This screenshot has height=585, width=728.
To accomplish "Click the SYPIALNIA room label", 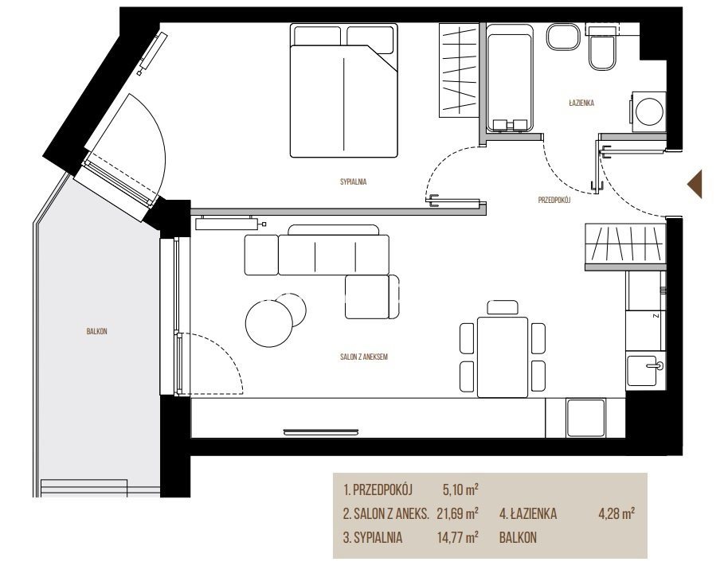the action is pos(354,181).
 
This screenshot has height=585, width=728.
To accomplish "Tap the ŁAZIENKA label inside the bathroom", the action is pos(581,103).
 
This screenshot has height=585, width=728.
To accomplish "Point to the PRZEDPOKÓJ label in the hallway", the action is pos(554,201).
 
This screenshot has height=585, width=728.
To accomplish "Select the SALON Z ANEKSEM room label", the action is pos(363,357).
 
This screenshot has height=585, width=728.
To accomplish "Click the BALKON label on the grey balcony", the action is pos(97,331).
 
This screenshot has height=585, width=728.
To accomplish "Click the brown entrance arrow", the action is pos(695,184).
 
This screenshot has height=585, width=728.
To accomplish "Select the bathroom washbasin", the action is pos(563,37).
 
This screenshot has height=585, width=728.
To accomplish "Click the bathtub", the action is pos(509,77).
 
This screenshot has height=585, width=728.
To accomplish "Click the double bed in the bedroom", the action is pos(344,91).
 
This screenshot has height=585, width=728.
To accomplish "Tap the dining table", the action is pos(503,357).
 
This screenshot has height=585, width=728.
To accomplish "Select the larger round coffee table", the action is pos(269,323).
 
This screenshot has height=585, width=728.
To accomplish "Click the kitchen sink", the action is pos(645,370).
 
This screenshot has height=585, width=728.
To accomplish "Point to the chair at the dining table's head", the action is pos(503,307).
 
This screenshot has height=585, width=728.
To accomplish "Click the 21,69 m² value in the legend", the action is pos(458,513).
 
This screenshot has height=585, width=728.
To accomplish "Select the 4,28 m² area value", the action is pos(616,513).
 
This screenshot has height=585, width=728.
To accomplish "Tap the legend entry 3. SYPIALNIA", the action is pos(373,538).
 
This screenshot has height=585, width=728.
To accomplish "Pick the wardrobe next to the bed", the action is pos(458,70).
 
